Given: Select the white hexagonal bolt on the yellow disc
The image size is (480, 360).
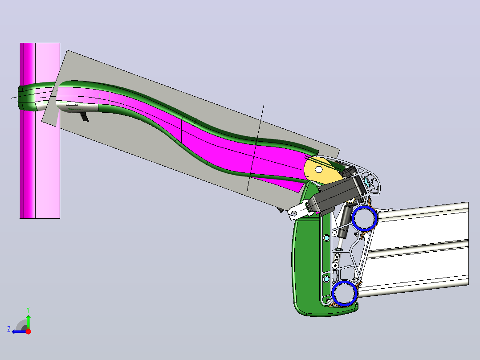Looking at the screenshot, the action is pos(318,169).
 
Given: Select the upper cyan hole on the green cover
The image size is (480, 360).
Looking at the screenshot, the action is pos(326,238).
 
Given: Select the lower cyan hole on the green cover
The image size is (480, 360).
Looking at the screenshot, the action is pos(326,279).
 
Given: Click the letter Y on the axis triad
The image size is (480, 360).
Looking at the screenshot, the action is pos(28,310).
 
